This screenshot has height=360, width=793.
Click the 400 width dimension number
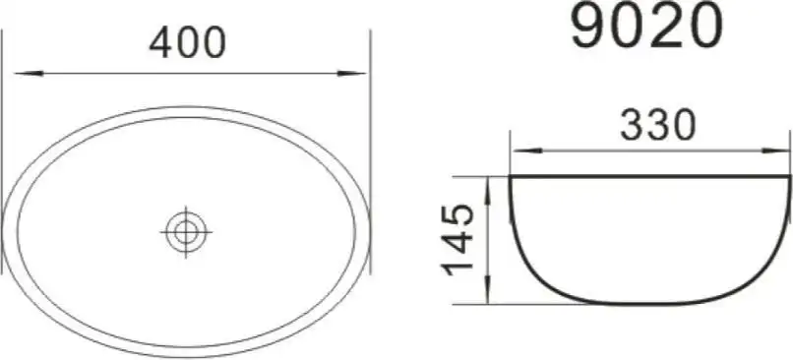(187, 42)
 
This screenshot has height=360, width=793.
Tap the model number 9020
(645, 26)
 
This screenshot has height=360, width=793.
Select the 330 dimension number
(658, 126)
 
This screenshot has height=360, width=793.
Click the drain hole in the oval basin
(186, 232)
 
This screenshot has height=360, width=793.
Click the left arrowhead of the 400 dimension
(29, 74)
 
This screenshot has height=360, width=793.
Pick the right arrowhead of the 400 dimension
(351, 74)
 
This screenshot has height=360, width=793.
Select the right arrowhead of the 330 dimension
(775, 150)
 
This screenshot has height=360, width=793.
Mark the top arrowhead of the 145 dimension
(487, 191)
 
